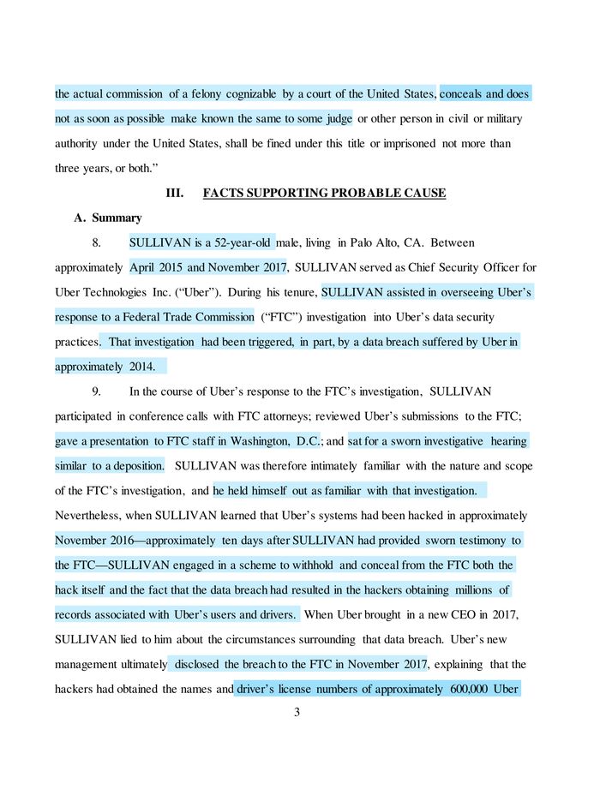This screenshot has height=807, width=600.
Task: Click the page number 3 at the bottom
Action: click(x=296, y=712)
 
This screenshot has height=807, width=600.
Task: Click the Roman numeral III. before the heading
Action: click(x=174, y=194)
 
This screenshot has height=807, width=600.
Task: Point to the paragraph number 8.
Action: click(x=96, y=243)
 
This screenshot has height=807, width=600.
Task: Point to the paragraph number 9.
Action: click(x=96, y=392)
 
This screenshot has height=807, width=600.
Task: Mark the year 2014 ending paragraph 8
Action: click(x=141, y=367)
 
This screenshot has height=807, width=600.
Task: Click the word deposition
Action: click(x=134, y=466)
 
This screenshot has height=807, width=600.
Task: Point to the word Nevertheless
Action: click(x=90, y=516)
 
